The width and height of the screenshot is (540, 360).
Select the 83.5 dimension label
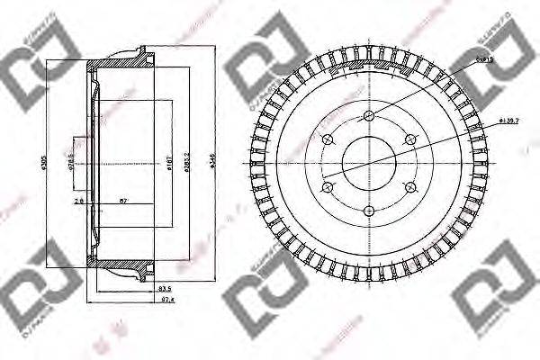tap(165, 288)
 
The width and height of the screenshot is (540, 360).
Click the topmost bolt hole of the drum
tap(368, 114)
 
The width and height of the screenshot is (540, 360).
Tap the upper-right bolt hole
tap(410, 139)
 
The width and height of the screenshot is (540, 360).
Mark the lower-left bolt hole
tap(327, 187)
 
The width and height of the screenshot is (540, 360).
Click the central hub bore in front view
tap(368, 163)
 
